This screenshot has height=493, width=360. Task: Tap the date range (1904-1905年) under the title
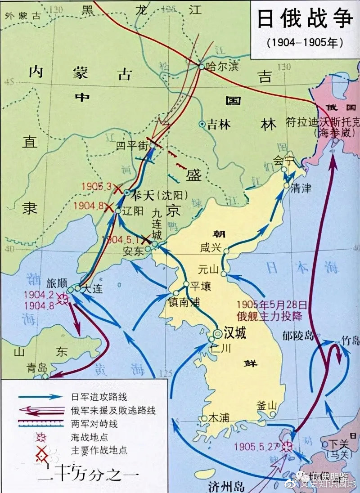click(x=305, y=44)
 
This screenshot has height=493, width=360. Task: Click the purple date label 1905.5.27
click(x=258, y=446)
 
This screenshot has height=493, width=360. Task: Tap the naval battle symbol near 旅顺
click(x=63, y=298)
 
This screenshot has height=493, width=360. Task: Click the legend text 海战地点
click(x=90, y=436)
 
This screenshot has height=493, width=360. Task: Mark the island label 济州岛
click(x=226, y=486)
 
